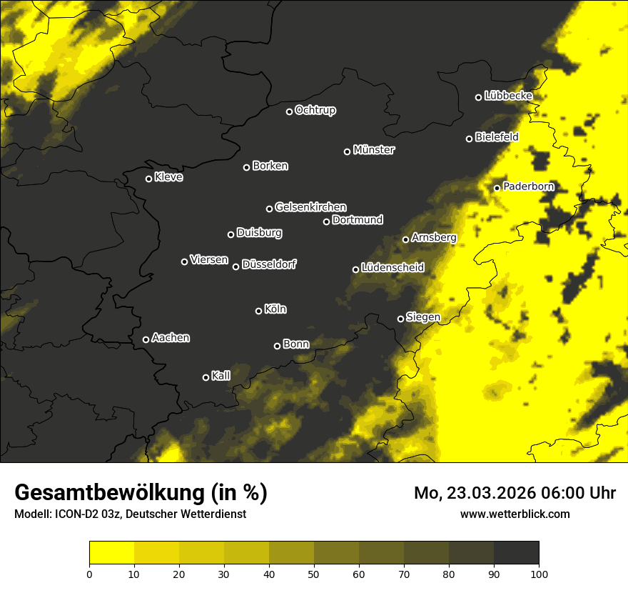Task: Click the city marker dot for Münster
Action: pyautogui.click(x=348, y=151)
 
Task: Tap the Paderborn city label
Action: pyautogui.click(x=528, y=186)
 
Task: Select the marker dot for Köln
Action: pyautogui.click(x=258, y=311)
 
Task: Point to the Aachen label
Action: pyautogui.click(x=171, y=337)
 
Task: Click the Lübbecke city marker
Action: pyautogui.click(x=479, y=97)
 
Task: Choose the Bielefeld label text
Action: pyautogui.click(x=497, y=136)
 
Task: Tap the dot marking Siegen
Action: pyautogui.click(x=400, y=319)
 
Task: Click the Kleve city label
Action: pyautogui.click(x=168, y=176)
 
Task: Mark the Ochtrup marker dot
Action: pyautogui.click(x=290, y=111)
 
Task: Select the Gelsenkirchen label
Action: pyautogui.click(x=310, y=207)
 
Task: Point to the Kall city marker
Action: pyautogui.click(x=206, y=377)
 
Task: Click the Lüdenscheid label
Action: pyautogui.click(x=392, y=267)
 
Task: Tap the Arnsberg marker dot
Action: pyautogui.click(x=405, y=239)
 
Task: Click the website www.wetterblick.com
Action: pyautogui.click(x=515, y=514)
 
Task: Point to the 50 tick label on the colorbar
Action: pyautogui.click(x=314, y=573)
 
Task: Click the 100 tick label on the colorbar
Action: pyautogui.click(x=539, y=573)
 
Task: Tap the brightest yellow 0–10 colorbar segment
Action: pyautogui.click(x=111, y=552)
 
